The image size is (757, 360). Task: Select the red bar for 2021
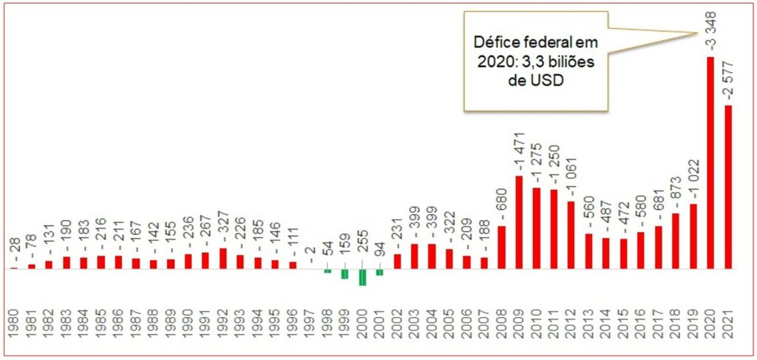point(729,186)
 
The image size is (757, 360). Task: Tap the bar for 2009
point(519,222)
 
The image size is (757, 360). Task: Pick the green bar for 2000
point(362,276)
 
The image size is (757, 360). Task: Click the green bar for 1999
point(344,274)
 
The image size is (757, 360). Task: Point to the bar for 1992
point(223,258)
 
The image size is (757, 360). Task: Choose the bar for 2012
point(571,234)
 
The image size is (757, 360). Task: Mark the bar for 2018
point(676,240)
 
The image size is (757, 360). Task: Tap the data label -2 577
point(729,78)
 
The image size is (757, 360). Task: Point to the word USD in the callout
point(548,83)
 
